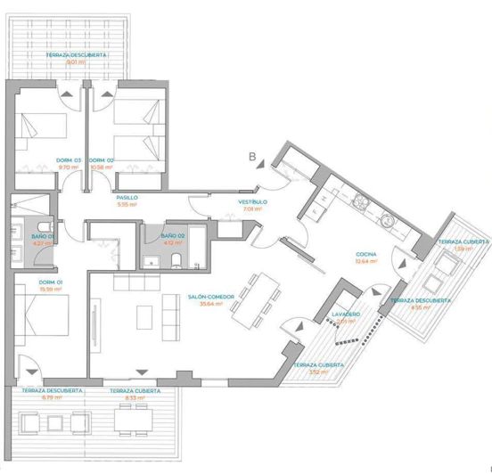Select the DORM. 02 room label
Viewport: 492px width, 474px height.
tap(103, 160)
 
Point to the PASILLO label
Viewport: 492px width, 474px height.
tap(127, 198)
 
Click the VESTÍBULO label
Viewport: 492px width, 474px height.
tap(249, 202)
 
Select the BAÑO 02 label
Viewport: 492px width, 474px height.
tap(172, 236)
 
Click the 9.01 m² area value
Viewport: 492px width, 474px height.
tap(76, 62)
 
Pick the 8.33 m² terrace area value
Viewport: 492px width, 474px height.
tap(135, 397)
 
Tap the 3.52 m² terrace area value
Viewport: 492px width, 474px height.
tap(308, 372)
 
